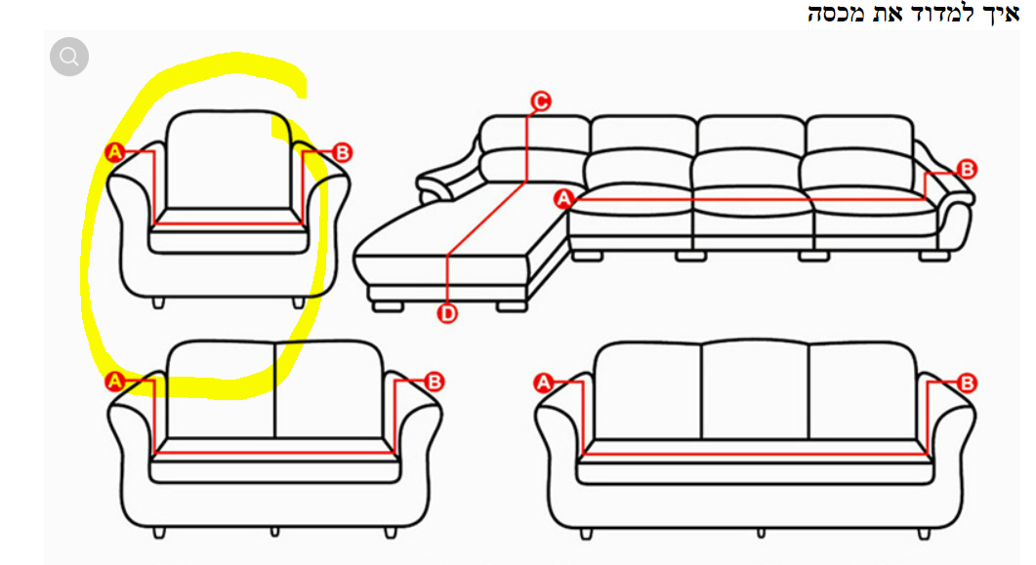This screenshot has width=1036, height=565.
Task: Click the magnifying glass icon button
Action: pyautogui.click(x=68, y=57)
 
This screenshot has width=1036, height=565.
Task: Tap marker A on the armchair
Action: pyautogui.click(x=115, y=152)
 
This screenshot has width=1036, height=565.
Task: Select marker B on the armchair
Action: pyautogui.click(x=343, y=152)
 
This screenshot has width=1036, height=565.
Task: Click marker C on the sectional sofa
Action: pyautogui.click(x=541, y=101)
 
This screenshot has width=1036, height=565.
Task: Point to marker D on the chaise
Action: pyautogui.click(x=447, y=313)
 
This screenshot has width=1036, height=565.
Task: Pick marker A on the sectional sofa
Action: pyautogui.click(x=563, y=198)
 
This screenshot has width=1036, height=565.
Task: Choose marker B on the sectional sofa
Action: pyautogui.click(x=967, y=169)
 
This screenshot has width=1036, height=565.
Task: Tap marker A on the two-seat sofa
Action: pyautogui.click(x=115, y=381)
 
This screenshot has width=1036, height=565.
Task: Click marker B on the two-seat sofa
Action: pyautogui.click(x=435, y=382)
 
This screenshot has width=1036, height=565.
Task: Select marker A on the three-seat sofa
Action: pyautogui.click(x=543, y=383)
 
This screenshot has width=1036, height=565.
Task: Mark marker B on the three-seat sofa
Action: pyautogui.click(x=967, y=383)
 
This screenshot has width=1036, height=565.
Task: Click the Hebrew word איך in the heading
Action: pyautogui.click(x=1003, y=14)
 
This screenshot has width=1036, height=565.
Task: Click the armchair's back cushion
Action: pyautogui.click(x=228, y=160)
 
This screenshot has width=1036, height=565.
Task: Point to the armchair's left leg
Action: pyautogui.click(x=158, y=303)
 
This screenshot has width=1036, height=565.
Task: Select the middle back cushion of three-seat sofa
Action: pyautogui.click(x=755, y=389)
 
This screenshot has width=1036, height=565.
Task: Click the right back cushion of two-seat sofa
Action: pyautogui.click(x=328, y=389)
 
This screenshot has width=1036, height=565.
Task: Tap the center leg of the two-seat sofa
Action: pyautogui.click(x=274, y=532)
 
